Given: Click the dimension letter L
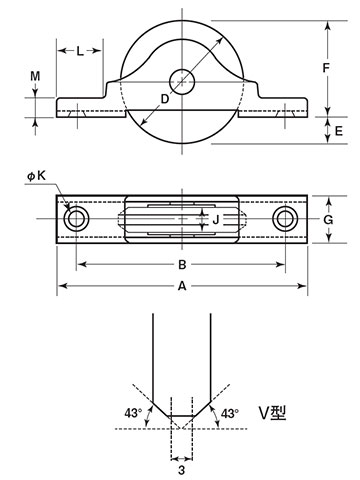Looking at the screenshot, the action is pyautogui.click(x=80, y=51).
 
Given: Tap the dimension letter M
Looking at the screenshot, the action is pyautogui.click(x=35, y=76).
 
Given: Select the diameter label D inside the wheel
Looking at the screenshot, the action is pyautogui.click(x=165, y=99).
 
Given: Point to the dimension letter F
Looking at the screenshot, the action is pyautogui.click(x=326, y=68).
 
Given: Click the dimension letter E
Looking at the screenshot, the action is pyautogui.click(x=339, y=131).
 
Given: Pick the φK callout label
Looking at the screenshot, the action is pyautogui.click(x=37, y=176).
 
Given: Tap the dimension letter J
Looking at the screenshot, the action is pyautogui.click(x=216, y=220).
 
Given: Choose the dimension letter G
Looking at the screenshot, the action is pyautogui.click(x=328, y=220).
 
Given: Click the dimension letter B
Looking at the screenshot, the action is pyautogui.click(x=182, y=265).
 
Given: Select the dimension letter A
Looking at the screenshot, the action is pyautogui.click(x=182, y=286).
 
